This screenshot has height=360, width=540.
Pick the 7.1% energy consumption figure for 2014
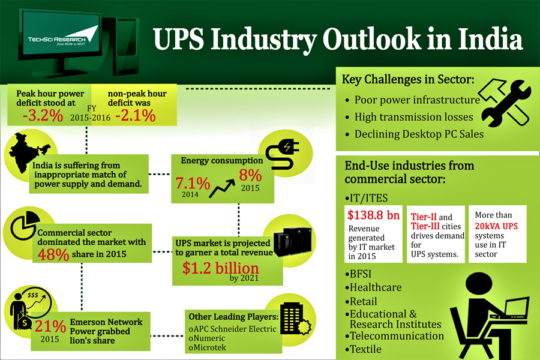[193, 182]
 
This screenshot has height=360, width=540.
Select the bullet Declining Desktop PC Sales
[419, 134]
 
